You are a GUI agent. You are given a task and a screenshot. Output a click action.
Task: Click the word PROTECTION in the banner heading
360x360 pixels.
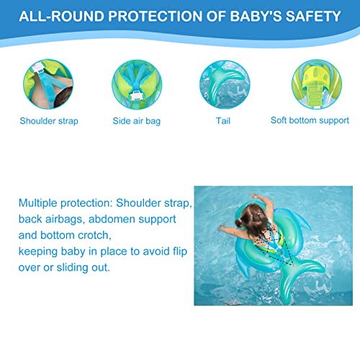point(155,17)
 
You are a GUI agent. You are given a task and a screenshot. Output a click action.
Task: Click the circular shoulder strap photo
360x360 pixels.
point(48,84)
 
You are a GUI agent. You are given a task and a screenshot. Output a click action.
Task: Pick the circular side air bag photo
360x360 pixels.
point(137,84)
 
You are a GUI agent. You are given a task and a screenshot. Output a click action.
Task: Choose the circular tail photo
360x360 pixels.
point(225,84)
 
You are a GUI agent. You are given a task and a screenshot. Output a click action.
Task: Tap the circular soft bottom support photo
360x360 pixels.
point(317,84)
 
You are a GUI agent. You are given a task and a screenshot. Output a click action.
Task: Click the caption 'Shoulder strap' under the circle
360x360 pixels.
point(49,121)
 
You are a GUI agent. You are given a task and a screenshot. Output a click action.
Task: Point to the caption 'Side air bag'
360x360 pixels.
point(137,121)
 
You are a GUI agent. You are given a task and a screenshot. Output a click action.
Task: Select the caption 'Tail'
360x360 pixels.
point(223,121)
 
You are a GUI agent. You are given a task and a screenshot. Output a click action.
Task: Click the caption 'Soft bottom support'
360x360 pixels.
point(310,121)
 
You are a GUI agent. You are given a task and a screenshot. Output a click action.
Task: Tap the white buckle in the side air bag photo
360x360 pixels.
point(136,96)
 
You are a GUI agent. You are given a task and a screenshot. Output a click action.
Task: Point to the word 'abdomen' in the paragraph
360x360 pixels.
point(112,220)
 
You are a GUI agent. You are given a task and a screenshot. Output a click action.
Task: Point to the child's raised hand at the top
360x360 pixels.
point(253,195)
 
